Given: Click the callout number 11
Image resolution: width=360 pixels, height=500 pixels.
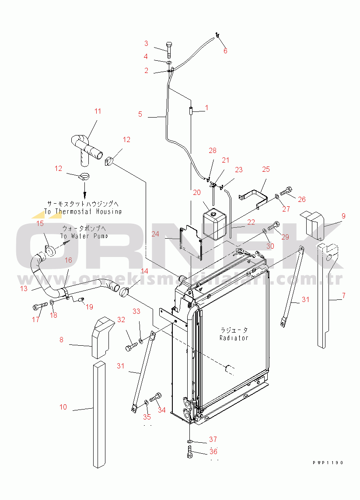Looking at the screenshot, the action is point(98,111).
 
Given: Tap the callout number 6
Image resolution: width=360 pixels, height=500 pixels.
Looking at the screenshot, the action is point(225,51).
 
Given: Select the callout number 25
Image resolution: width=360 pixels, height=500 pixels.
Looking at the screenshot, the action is point(266,169).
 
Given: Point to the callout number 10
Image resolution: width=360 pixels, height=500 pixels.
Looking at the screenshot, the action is point(63,407).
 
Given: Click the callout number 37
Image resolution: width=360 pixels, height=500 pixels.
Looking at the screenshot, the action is point(213,439).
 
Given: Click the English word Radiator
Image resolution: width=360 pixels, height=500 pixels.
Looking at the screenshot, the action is point(234,338).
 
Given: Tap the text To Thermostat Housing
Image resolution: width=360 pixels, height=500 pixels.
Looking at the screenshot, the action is point(83,212).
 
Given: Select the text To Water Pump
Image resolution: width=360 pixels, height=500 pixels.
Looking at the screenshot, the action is point(84,236).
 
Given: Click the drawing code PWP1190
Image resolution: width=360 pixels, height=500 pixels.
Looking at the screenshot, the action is point(328,462).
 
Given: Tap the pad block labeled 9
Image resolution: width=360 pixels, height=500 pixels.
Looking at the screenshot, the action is point(312,224).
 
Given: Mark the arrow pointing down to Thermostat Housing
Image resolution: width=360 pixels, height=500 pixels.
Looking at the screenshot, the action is point(84,191).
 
